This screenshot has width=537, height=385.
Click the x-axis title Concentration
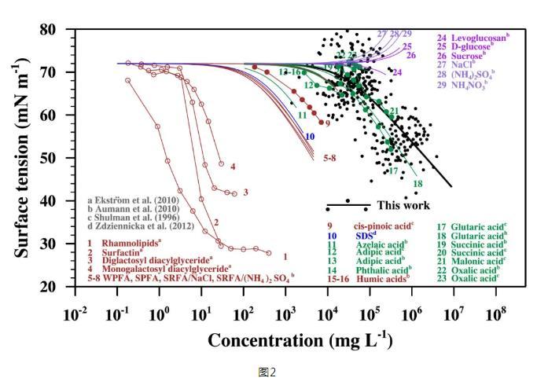[300, 341]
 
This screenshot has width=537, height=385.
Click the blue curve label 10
[310, 137]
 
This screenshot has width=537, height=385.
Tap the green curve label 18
[417, 183]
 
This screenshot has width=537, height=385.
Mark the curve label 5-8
[332, 158]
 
